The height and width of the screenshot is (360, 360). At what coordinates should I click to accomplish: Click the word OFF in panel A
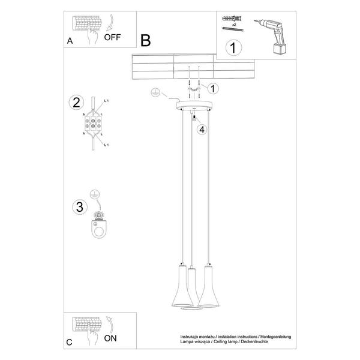click(112, 37)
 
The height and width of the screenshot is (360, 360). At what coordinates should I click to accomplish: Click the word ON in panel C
click(110, 338)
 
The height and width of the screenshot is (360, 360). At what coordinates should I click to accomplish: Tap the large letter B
click(145, 40)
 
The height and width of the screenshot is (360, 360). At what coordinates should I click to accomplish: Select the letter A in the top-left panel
click(71, 41)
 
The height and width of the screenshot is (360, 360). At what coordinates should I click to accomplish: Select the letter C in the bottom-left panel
click(70, 343)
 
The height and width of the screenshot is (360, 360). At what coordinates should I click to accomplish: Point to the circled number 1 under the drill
click(233, 46)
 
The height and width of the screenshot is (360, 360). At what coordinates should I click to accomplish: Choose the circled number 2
click(76, 102)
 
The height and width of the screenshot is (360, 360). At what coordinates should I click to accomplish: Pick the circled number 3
click(78, 207)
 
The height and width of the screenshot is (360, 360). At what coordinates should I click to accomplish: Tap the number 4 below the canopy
click(202, 128)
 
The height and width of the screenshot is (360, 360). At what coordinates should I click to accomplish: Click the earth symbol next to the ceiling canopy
click(155, 93)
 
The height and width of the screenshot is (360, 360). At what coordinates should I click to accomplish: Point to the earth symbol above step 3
click(94, 194)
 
